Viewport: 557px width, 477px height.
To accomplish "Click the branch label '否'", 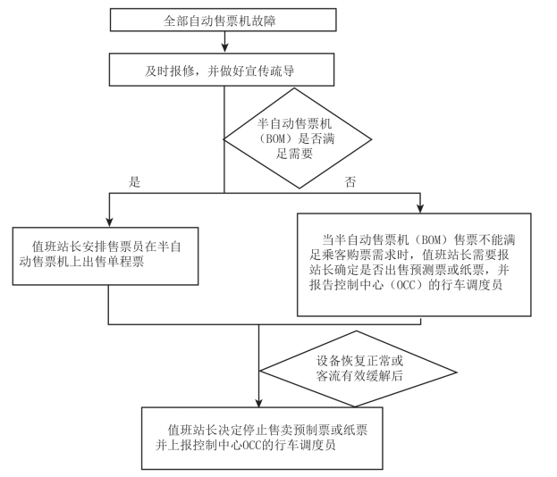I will [350, 181].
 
